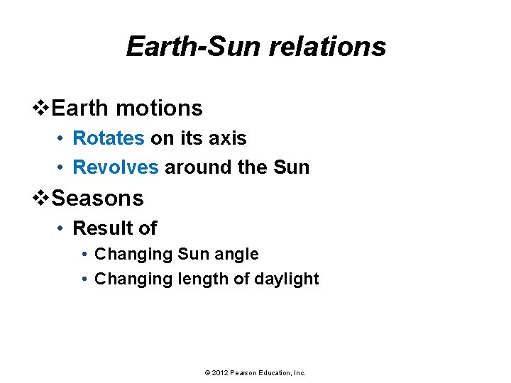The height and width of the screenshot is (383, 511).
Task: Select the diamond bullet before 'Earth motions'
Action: point(43,109)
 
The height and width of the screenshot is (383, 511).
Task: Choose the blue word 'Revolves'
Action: point(116,167)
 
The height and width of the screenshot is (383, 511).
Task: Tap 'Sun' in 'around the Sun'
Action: point(291,167)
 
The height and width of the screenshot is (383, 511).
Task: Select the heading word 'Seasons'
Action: point(98,198)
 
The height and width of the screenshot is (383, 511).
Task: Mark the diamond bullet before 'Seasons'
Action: point(43,198)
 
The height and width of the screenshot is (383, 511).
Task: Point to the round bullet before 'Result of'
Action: point(62,228)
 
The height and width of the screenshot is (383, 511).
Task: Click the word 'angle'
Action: point(236,254)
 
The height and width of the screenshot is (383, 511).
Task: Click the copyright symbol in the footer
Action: point(207,372)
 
